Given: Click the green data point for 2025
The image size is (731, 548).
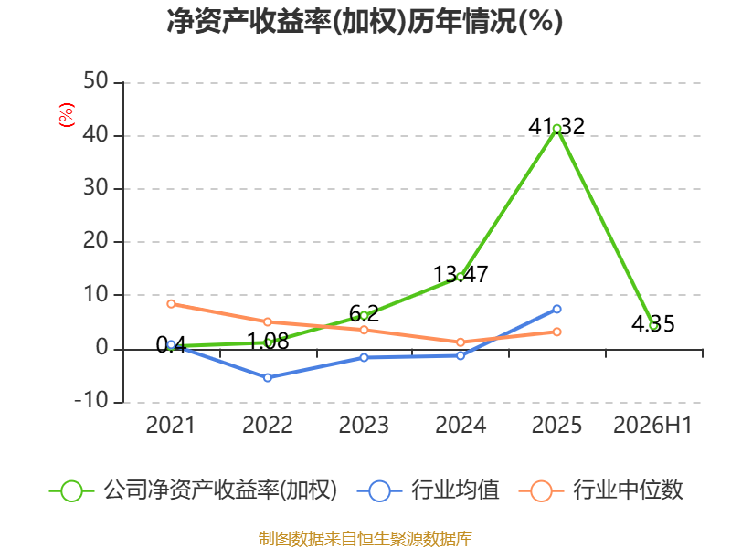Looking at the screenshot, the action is pos(556,129).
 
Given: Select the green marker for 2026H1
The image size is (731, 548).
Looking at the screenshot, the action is pos(653,326).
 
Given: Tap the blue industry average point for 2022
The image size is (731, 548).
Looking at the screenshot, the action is pos(268,377).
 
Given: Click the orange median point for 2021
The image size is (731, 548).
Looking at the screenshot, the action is pos(171,304).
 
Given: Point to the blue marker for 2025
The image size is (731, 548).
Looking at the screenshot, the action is pos(556,309).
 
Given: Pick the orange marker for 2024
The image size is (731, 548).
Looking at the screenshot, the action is pos(461,342).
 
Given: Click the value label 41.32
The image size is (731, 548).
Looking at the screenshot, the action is pos(556,126).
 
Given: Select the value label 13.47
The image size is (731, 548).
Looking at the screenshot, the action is pos(461,274).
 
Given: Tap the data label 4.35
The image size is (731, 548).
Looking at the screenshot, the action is pos(653,323).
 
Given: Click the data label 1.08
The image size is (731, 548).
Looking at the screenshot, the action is pos(268,342).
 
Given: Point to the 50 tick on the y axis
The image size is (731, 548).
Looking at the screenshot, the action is pos(96,81).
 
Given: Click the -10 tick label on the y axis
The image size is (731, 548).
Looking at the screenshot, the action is pos(91,400).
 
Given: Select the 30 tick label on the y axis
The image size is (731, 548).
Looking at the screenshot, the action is pos(96,187).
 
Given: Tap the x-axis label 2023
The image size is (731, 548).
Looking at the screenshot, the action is pos(364,425).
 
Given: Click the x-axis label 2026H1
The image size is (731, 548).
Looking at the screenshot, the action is pos(652,425).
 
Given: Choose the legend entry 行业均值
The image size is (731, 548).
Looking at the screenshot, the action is pos(428,490).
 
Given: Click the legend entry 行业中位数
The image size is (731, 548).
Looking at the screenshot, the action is pos(601,490).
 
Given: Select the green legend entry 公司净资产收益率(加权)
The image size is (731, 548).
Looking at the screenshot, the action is pos(193,490).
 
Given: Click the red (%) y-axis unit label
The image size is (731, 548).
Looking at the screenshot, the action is pos(66,115).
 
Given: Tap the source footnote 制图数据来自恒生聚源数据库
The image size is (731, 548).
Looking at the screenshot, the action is pos(365,538).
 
